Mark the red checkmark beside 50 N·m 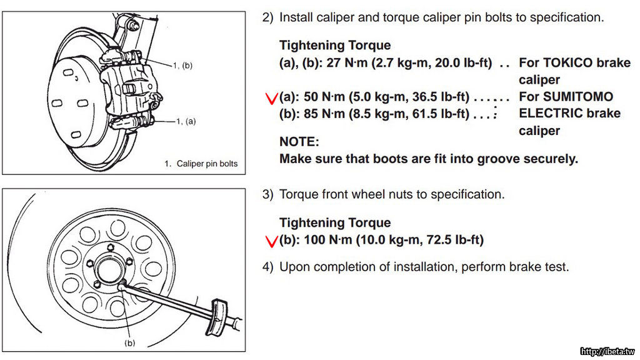coord(271,98)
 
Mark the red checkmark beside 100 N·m coord(271,241)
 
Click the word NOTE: coord(299,142)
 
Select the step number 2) coord(268,17)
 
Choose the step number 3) coord(268,194)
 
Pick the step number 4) coord(268,267)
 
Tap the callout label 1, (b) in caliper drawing coord(182,65)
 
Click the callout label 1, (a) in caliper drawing coord(185,121)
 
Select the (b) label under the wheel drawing coord(130,342)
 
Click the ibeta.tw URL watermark coord(607,351)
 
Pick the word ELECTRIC coord(552,114)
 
